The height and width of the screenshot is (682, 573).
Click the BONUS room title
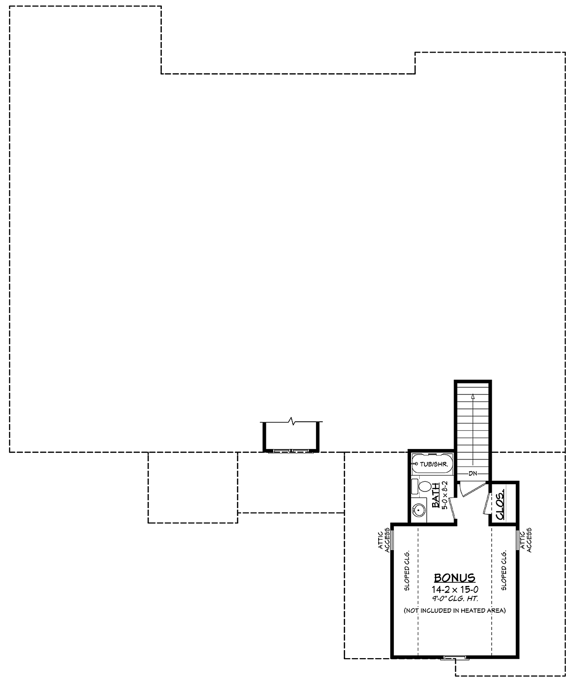(x=455, y=578)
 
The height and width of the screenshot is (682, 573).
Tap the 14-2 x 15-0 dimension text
(x=455, y=589)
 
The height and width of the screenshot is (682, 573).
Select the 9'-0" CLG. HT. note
(x=455, y=599)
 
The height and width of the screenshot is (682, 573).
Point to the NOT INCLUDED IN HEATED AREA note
(x=455, y=610)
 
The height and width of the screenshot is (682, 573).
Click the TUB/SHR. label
(x=434, y=464)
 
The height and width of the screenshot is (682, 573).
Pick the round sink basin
(x=418, y=509)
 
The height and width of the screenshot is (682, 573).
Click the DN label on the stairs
(x=473, y=473)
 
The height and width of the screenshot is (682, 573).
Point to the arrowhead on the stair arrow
(x=473, y=396)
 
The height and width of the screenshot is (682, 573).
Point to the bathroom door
(x=452, y=508)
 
